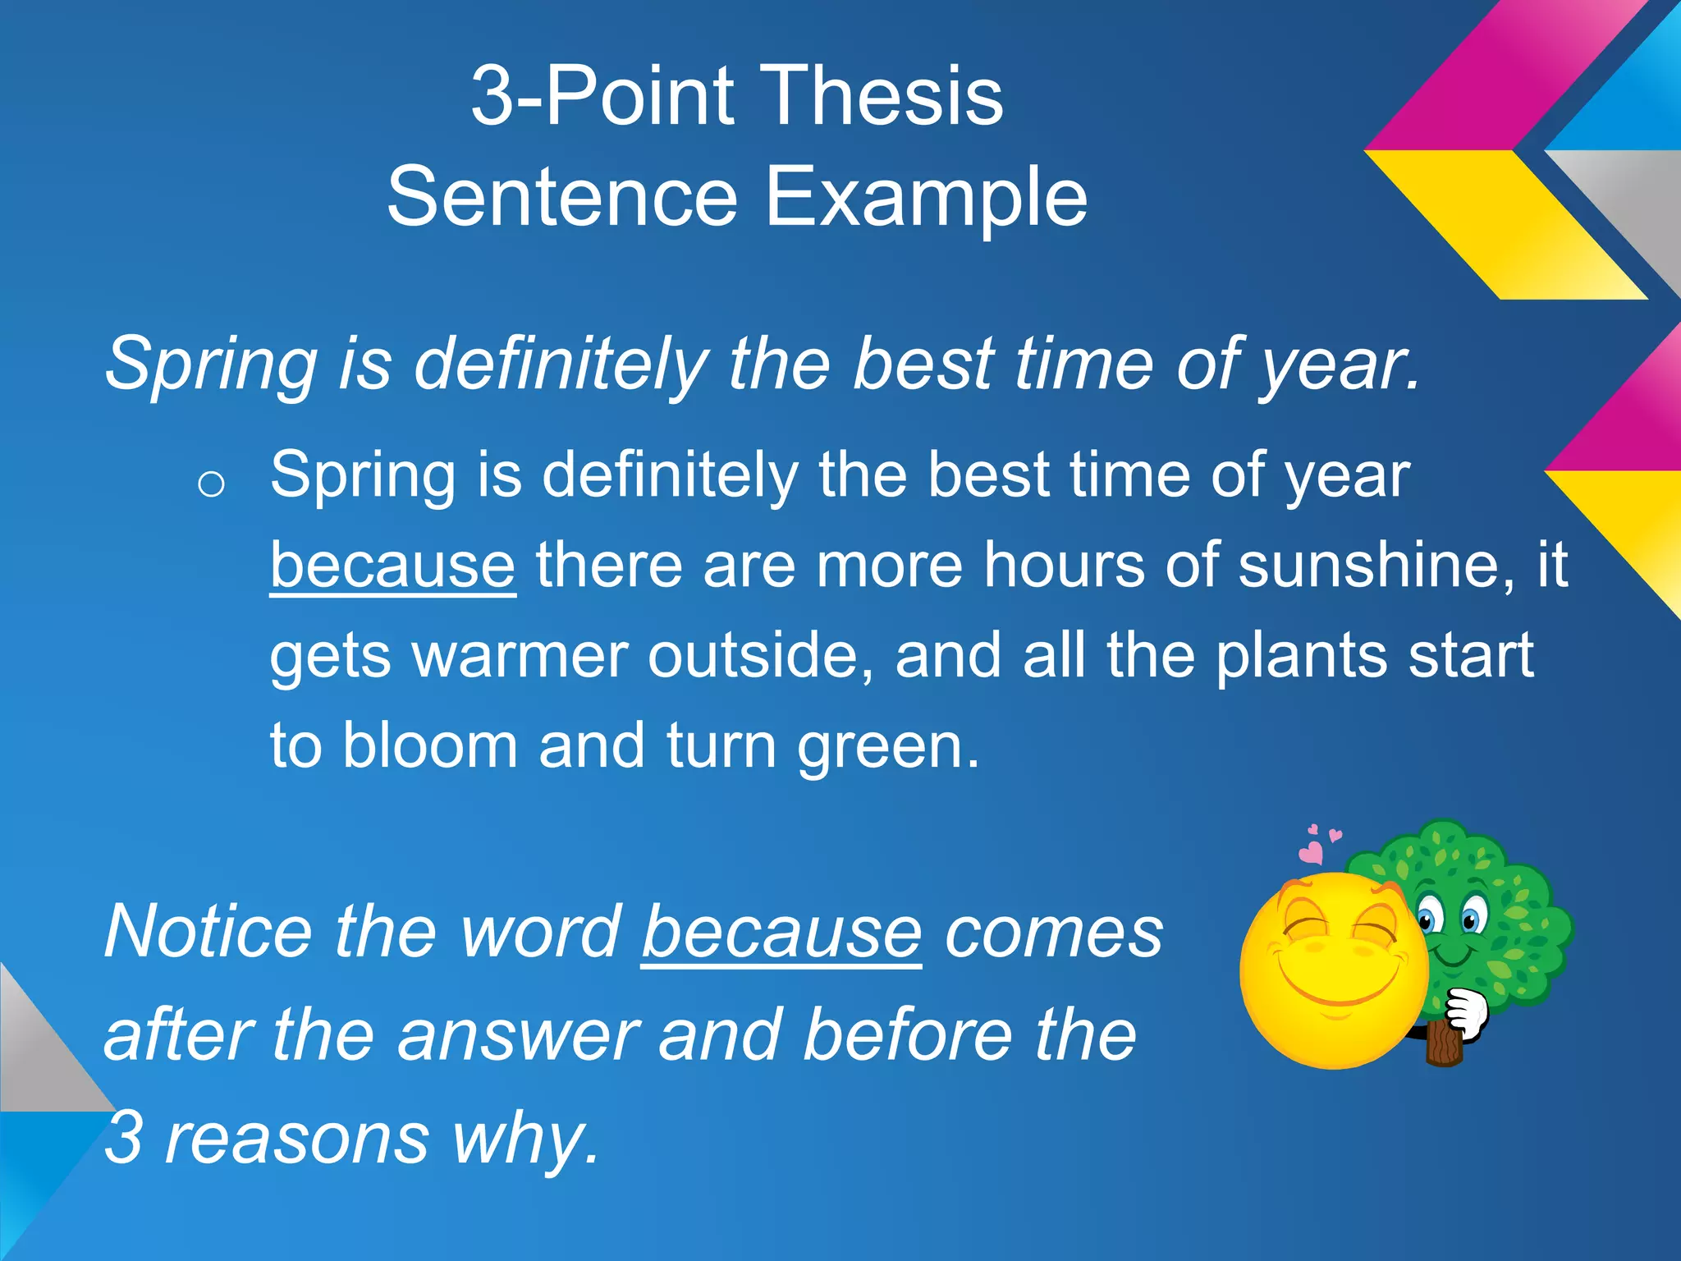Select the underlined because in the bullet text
pos(392,566)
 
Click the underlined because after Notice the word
pos(781,933)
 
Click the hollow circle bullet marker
pos(211,484)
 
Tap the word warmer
pos(520,656)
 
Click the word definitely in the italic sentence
pos(561,364)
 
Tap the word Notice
pos(208,933)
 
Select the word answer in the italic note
pos(518,1036)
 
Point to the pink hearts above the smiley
pos(1317,846)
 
